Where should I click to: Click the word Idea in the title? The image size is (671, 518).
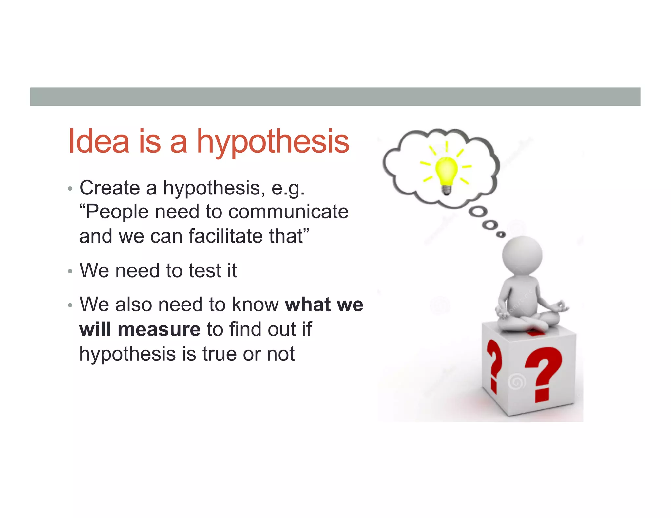point(99,141)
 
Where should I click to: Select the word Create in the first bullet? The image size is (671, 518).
point(110,188)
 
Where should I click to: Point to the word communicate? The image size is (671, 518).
point(288,212)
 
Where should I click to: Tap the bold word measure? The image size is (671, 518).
point(159,329)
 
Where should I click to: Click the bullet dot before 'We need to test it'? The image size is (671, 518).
point(70,271)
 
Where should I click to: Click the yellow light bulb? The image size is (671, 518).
point(446,171)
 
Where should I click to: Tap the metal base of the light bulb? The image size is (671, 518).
point(447,190)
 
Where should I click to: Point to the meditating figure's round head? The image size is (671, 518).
point(522,256)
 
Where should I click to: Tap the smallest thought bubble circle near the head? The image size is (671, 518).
point(501,234)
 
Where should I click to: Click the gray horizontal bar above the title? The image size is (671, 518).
point(335,97)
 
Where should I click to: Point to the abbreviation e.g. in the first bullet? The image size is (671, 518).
point(288,189)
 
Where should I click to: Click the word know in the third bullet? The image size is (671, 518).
point(255,305)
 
